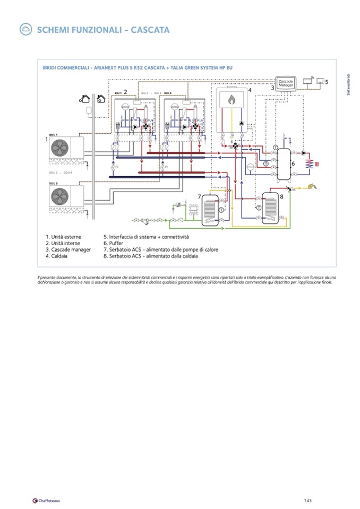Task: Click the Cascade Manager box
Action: [286, 83]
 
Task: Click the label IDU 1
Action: [117, 93]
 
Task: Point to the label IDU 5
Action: [167, 93]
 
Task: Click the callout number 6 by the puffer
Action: [293, 163]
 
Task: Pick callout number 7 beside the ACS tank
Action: [200, 197]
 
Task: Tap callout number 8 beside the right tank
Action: [281, 196]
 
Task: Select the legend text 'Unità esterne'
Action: [65, 236]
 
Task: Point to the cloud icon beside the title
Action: [24, 30]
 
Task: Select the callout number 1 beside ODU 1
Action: [47, 140]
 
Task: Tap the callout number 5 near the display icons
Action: [327, 82]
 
